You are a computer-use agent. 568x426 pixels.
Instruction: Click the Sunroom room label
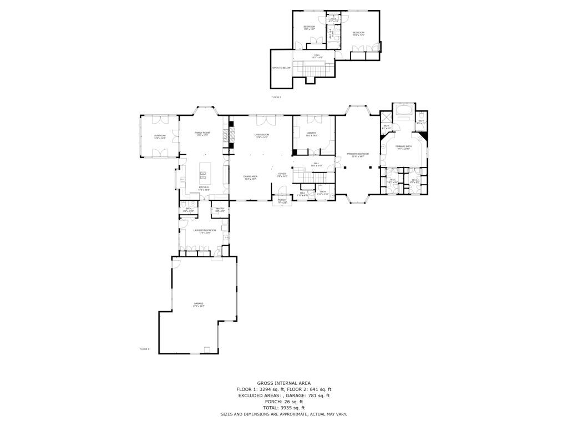[x=160, y=136]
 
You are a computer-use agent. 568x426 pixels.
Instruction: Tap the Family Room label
[x=202, y=134]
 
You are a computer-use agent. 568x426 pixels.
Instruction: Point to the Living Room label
[x=262, y=135]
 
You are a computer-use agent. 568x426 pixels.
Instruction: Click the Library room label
[x=311, y=134]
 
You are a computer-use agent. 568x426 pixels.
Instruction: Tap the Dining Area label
[x=250, y=177]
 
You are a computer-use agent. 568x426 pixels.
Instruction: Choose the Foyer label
[x=282, y=175]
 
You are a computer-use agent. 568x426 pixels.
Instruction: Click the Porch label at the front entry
[x=282, y=201]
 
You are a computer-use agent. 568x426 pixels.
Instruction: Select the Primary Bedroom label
[x=358, y=154]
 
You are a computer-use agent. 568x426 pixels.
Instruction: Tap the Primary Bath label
[x=403, y=147]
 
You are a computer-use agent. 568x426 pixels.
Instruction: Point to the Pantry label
[x=219, y=209]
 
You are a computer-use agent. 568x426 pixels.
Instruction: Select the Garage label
[x=198, y=304]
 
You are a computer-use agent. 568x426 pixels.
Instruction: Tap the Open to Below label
[x=281, y=68]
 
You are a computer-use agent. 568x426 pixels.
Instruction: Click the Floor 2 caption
[x=276, y=97]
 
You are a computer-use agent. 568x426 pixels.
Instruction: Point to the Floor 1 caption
[x=144, y=349]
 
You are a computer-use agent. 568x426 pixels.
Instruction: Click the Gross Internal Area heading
[x=283, y=383]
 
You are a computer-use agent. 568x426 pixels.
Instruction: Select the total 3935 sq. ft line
[x=283, y=408]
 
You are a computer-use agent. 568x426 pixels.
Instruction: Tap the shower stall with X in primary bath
[x=386, y=116]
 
